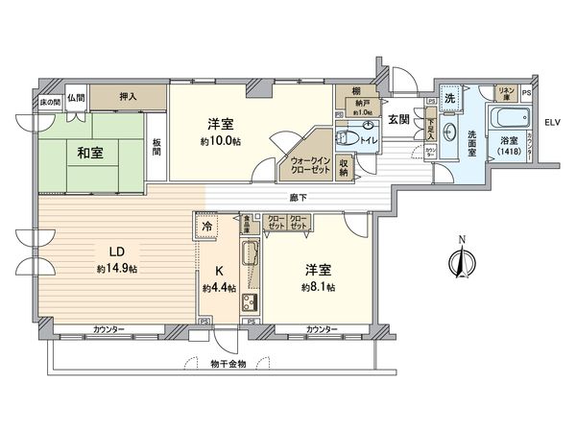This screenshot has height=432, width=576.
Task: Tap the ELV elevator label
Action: pyautogui.click(x=551, y=123)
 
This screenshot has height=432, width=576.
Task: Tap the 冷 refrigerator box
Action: pyautogui.click(x=207, y=225)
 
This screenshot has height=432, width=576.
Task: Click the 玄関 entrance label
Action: pyautogui.click(x=400, y=117)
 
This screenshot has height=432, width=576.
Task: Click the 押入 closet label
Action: pyautogui.click(x=128, y=96)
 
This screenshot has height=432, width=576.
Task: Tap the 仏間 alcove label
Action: pyautogui.click(x=77, y=97)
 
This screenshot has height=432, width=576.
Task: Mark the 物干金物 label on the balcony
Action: pyautogui.click(x=228, y=364)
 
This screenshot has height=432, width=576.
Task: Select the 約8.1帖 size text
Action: pyautogui.click(x=317, y=287)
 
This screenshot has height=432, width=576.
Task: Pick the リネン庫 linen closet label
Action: pyautogui.click(x=505, y=92)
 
